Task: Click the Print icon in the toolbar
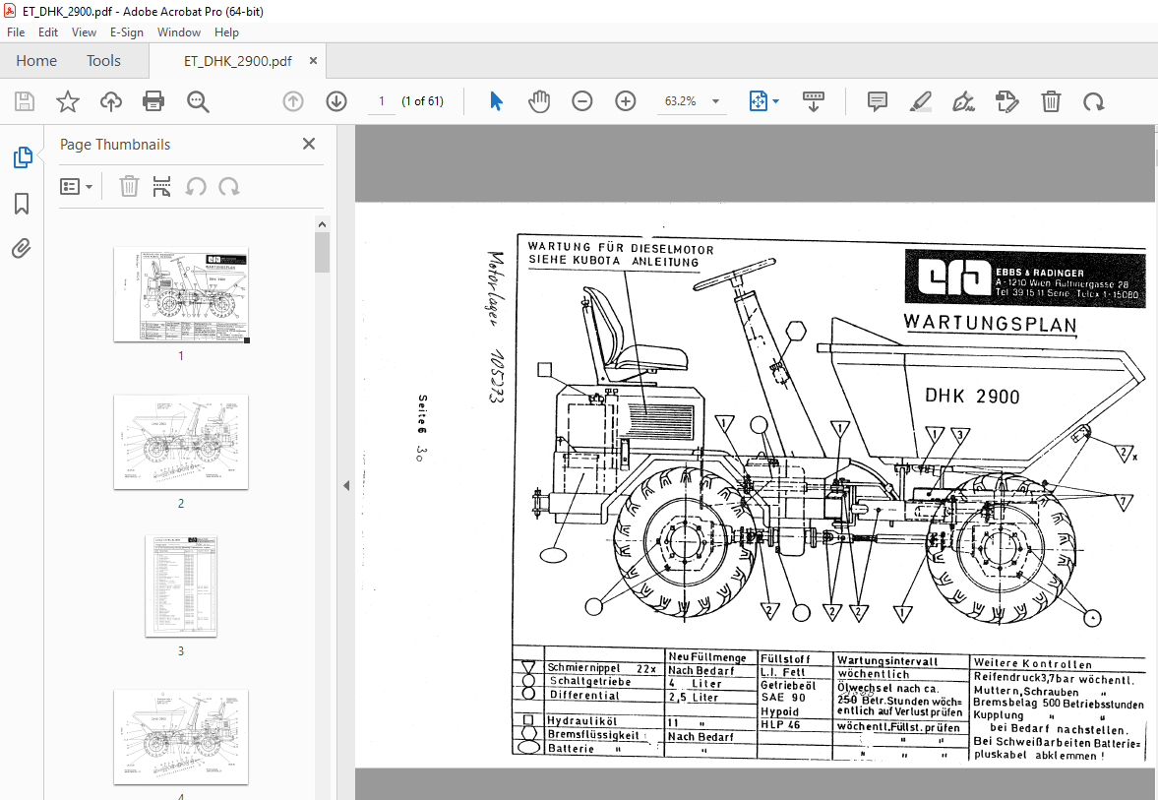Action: point(153,101)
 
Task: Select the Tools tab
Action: point(103,61)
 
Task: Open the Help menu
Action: point(226,32)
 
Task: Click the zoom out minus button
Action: point(582,101)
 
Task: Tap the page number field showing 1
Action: point(381,101)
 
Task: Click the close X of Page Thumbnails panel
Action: point(309,145)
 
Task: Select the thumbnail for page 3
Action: point(181,585)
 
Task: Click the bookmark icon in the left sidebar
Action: point(22,204)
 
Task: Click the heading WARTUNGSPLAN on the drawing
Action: point(989,324)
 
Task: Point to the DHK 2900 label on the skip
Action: point(972,397)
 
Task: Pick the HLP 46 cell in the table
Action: point(781,723)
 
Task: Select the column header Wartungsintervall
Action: point(886,660)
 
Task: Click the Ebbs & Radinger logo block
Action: point(1025,277)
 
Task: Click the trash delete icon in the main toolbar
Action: point(1051,101)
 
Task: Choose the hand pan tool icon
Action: point(539,101)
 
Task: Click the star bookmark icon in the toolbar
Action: point(67,101)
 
